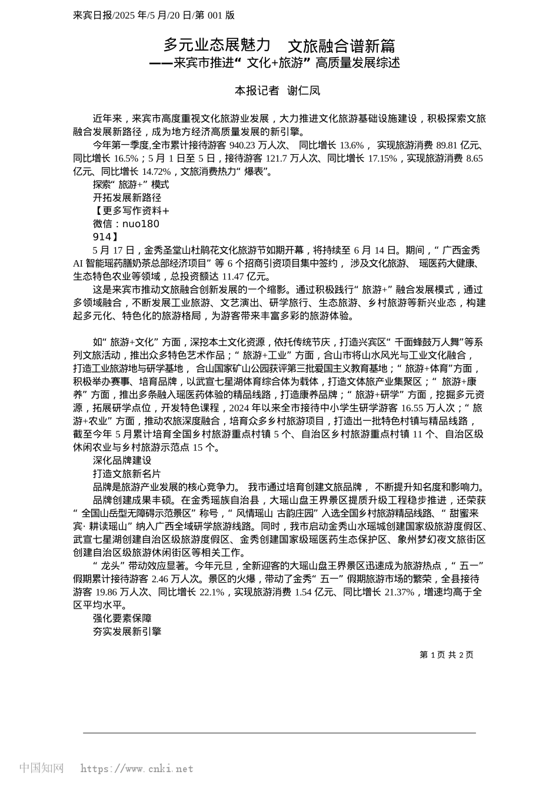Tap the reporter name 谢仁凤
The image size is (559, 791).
[304, 91]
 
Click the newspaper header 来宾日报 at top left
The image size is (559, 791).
[90, 15]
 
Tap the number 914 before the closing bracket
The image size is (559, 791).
[102, 237]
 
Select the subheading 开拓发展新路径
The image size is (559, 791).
[127, 198]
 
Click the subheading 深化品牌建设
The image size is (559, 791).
[122, 461]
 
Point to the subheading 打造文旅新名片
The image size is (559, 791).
[127, 474]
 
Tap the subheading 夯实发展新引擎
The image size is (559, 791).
[127, 632]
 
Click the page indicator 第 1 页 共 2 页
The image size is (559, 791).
[446, 654]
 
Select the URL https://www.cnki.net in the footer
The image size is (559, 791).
[137, 769]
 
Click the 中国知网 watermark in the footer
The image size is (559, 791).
[41, 768]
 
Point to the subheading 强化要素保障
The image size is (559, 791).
[122, 619]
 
